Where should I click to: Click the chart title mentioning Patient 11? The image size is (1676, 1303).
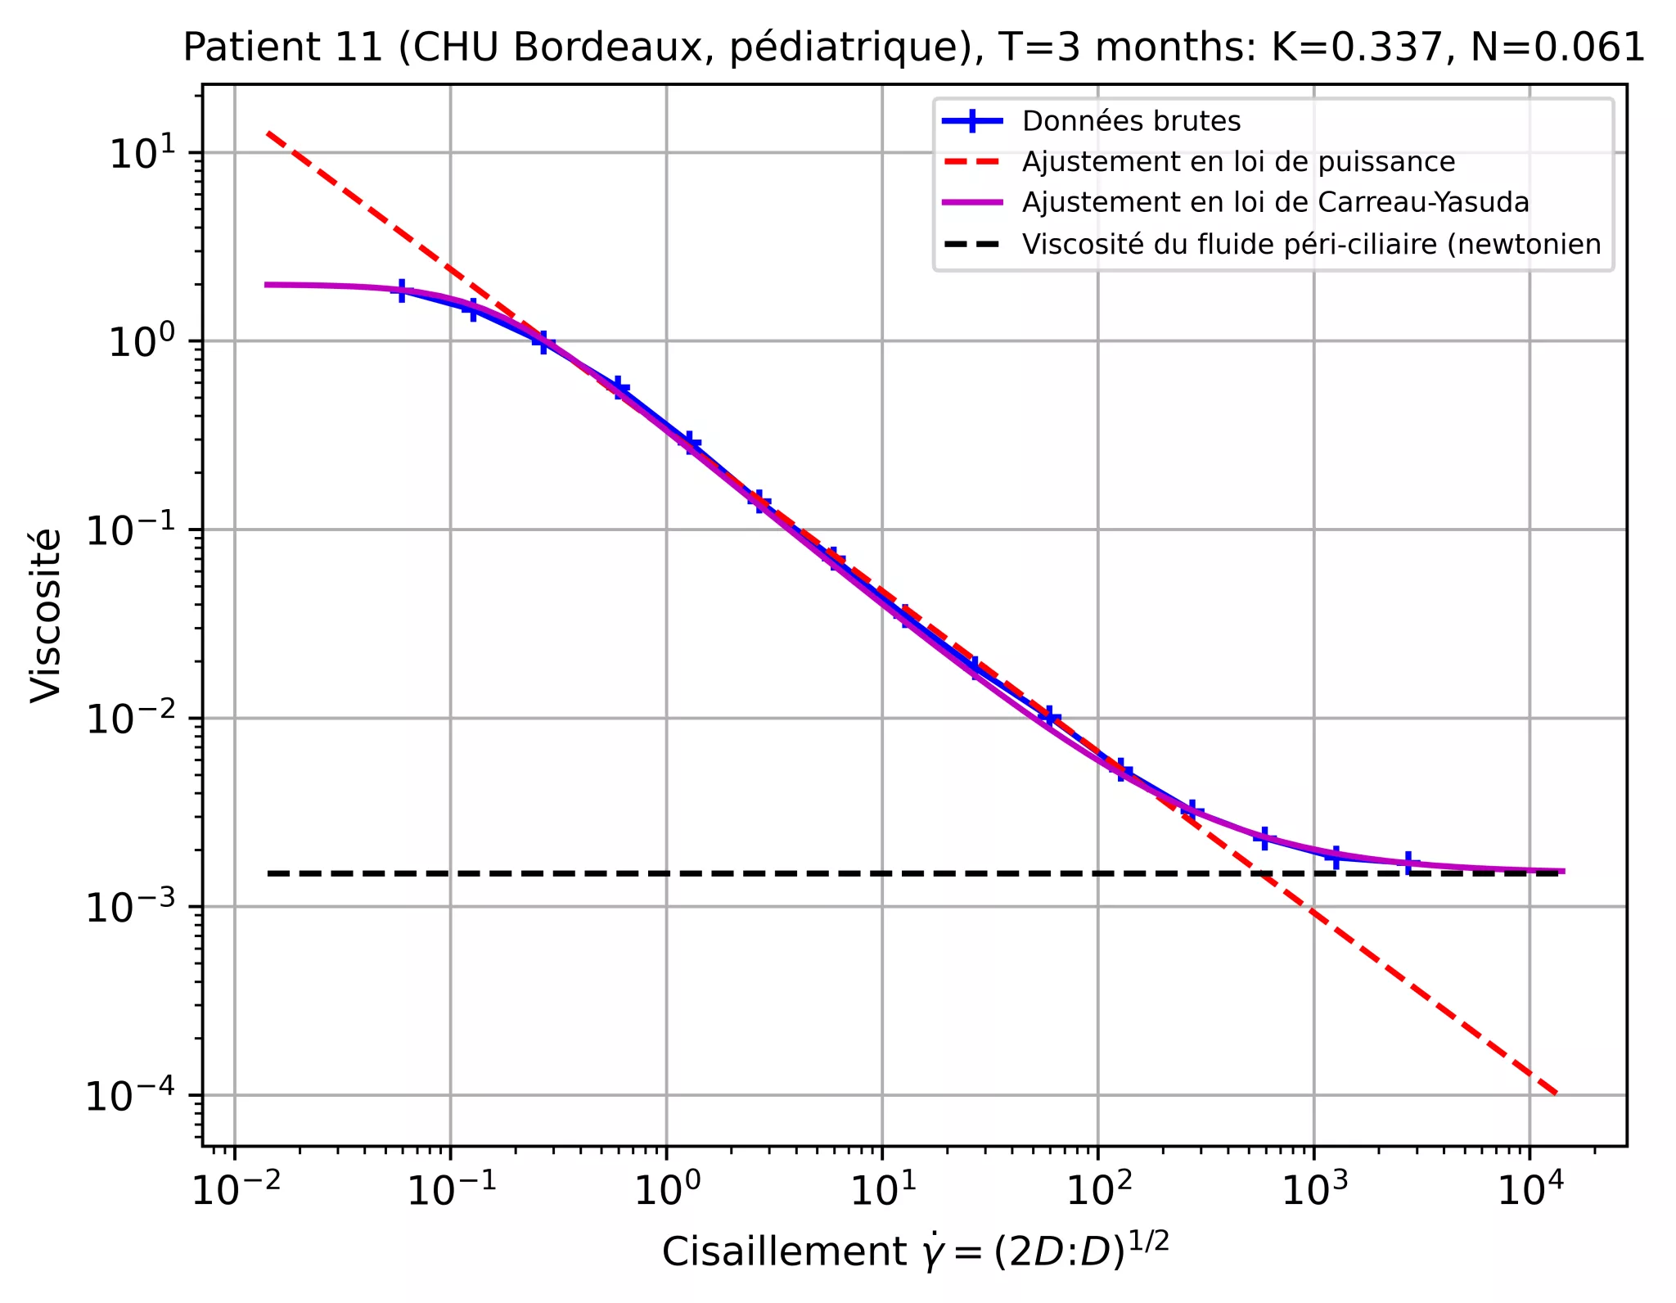[913, 47]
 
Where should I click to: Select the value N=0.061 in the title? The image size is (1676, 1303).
[1557, 47]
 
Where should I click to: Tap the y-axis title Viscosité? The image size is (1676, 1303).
[46, 615]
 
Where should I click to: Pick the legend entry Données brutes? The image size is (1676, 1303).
[1131, 121]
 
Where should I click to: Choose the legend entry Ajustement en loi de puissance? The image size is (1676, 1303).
[1238, 162]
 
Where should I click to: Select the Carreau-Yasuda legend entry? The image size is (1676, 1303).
[1275, 202]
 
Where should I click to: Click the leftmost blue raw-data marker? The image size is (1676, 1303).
[402, 291]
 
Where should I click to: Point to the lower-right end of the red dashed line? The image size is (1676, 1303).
[1557, 1093]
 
